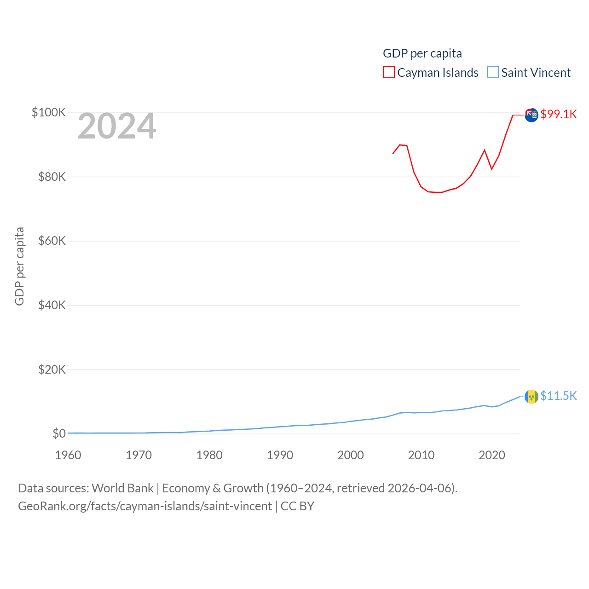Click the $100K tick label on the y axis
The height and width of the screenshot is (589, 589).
tap(49, 112)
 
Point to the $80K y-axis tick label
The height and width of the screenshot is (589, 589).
tap(52, 177)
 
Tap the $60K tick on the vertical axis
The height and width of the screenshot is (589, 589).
tap(52, 241)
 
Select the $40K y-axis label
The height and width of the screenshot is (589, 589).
tap(52, 305)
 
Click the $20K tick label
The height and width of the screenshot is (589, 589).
tap(52, 369)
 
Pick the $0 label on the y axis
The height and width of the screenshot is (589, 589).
tap(59, 433)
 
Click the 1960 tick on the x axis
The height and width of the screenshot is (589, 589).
tap(68, 455)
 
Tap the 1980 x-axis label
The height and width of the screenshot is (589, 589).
tap(209, 455)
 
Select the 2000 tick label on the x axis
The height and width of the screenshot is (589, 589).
tap(351, 455)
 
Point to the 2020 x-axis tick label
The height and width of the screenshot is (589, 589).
tap(492, 455)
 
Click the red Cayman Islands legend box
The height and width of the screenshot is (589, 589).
tap(389, 73)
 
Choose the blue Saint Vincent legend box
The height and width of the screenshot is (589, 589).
tap(493, 73)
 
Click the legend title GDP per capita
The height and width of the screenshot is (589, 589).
tap(422, 53)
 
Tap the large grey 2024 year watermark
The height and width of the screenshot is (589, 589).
tap(117, 126)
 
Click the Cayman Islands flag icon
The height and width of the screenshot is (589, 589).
tap(531, 115)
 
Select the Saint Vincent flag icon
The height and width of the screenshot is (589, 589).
tap(531, 396)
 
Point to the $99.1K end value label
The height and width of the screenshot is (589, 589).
tap(559, 114)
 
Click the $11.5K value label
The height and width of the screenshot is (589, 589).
tap(559, 396)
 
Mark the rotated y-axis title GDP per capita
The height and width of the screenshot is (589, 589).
tap(19, 266)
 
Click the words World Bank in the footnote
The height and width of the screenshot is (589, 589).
tap(123, 488)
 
